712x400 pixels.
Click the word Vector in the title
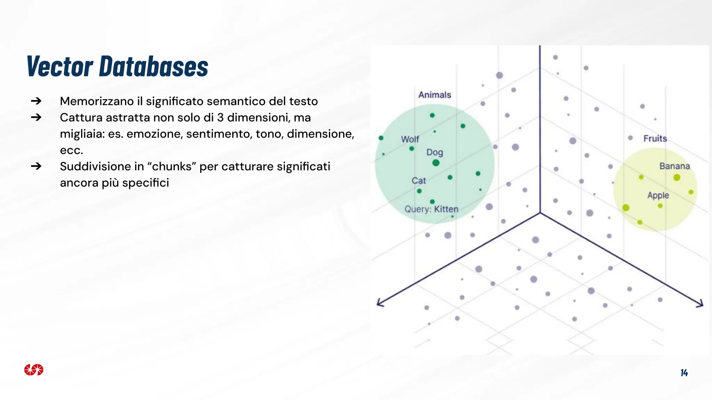[60, 66]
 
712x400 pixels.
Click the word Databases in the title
[153, 66]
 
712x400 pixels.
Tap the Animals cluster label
[435, 95]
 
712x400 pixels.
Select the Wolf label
[410, 139]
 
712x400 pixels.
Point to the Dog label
[435, 152]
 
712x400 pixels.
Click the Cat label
[419, 181]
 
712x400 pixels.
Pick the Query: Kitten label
[431, 209]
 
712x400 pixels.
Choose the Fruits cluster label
[655, 139]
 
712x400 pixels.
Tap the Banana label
[674, 166]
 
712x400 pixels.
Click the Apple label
[658, 195]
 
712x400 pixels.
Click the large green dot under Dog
[436, 163]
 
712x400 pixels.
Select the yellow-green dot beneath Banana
[677, 178]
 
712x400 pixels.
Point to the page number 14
[684, 373]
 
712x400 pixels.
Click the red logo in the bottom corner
[34, 370]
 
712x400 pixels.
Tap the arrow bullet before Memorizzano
[36, 101]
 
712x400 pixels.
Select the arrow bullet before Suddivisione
[36, 166]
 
